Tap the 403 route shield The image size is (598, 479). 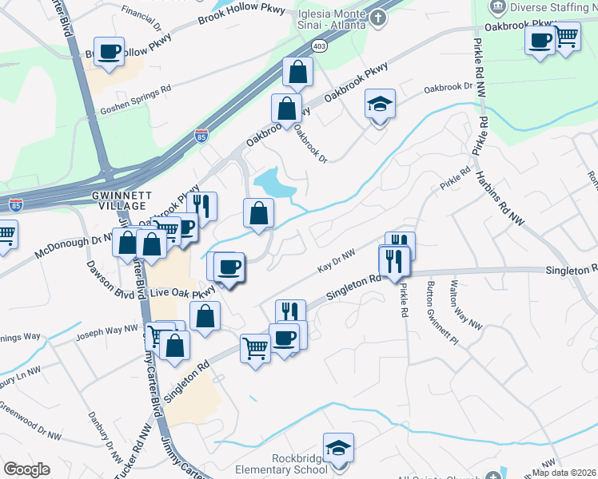319,46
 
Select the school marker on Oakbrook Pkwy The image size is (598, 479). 380,104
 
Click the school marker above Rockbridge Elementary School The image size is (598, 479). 338,449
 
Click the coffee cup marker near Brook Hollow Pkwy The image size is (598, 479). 110,52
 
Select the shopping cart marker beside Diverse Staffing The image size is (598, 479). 566,36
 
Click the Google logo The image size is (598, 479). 26,469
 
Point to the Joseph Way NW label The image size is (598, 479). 107,330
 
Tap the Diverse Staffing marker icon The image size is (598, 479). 496,7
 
